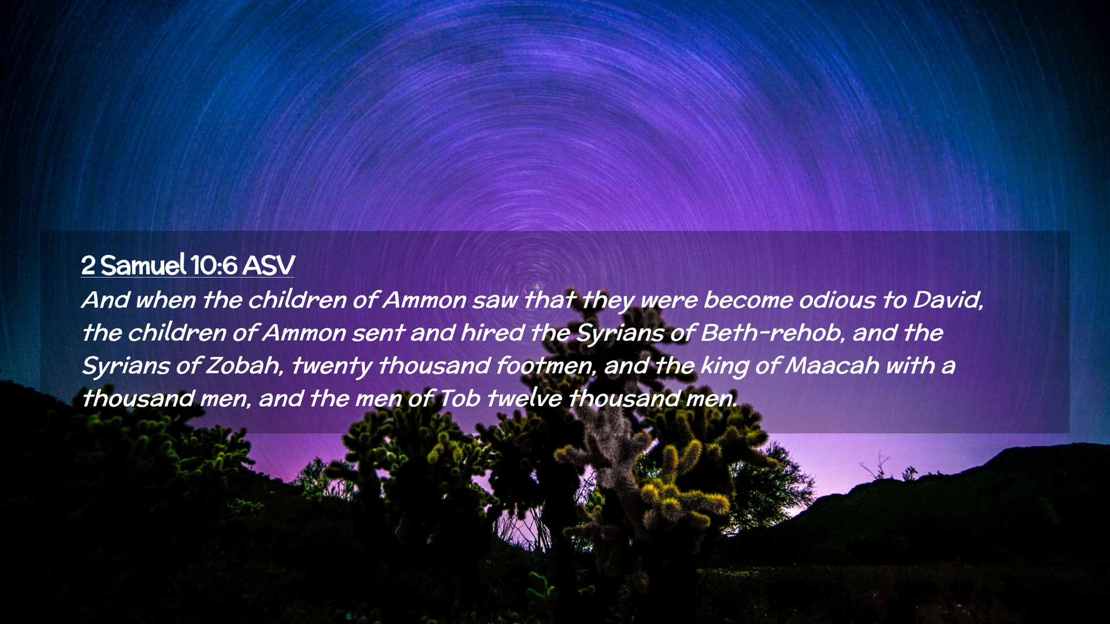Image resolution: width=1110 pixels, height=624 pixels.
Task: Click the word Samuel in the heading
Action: coord(143,265)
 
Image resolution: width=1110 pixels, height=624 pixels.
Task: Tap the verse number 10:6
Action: coord(213,266)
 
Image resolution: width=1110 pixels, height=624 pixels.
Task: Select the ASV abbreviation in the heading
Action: coord(268,266)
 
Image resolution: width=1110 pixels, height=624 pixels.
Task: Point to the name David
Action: coord(948,300)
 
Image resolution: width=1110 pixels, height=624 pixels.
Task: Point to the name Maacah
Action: coord(832,366)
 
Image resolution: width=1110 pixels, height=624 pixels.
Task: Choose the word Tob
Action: coord(460,399)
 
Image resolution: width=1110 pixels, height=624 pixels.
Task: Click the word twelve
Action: coord(524,399)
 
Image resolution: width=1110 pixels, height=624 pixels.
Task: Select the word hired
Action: coord(492,333)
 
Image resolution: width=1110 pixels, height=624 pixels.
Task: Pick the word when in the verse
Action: coord(165,300)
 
